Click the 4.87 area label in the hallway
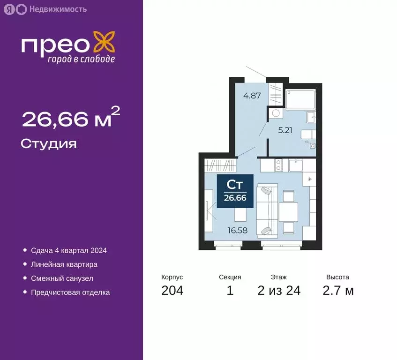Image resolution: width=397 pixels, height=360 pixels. [252, 97]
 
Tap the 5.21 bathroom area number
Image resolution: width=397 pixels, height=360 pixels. [285, 130]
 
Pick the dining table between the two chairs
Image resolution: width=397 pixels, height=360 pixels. [289, 210]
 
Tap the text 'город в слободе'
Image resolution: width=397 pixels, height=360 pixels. [81, 59]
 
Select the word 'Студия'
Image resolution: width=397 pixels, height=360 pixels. [49, 143]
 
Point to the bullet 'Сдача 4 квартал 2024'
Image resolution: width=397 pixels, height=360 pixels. [69, 250]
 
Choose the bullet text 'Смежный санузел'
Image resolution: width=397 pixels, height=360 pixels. [62, 278]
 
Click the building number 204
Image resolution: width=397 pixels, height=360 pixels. [172, 291]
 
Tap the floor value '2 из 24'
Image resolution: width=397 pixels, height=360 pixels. [279, 291]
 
